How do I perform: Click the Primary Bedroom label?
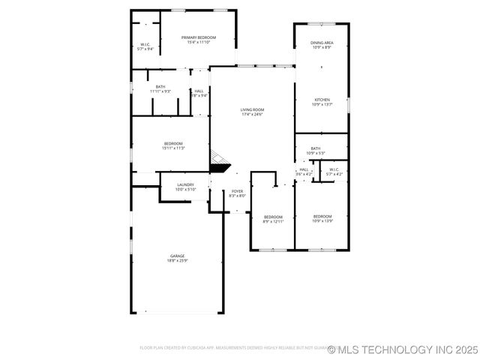(198, 37)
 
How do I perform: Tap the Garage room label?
(177, 256)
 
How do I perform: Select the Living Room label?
(253, 109)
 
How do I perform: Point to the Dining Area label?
(322, 43)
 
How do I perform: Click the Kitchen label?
(322, 100)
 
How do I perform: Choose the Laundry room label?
(185, 184)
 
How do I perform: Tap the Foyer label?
(237, 191)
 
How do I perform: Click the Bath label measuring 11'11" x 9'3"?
(160, 87)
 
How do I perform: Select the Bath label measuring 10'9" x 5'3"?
(316, 148)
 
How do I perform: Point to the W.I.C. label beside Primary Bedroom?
(145, 44)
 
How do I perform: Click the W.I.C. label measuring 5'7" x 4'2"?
(334, 169)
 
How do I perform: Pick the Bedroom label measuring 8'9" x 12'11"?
(273, 217)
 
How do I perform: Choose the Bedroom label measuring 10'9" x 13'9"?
(322, 217)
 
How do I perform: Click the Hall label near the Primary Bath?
(199, 91)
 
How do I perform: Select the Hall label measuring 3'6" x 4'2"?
(304, 169)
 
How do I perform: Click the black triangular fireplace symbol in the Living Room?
(220, 167)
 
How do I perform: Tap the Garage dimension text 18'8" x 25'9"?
(177, 260)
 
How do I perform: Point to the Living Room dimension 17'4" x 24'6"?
(253, 115)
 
